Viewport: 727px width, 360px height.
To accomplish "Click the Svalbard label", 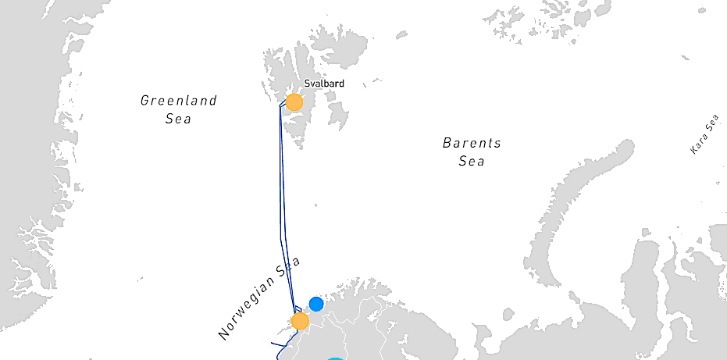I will tap(323, 83).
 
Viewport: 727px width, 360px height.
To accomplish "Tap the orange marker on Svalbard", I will tap(294, 102).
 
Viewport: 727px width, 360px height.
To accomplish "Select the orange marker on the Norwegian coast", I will tap(300, 321).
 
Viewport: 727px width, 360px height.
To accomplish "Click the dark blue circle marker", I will tap(316, 304).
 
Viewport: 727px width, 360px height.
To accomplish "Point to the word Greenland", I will tap(178, 101).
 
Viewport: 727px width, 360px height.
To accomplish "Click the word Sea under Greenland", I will tap(178, 119).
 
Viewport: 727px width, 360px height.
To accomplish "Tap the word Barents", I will tap(472, 143).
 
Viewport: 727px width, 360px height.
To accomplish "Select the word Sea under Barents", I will tap(472, 162).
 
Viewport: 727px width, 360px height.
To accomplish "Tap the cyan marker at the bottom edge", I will tap(335, 358).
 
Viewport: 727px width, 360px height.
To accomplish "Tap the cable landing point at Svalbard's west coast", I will tap(280, 105).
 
